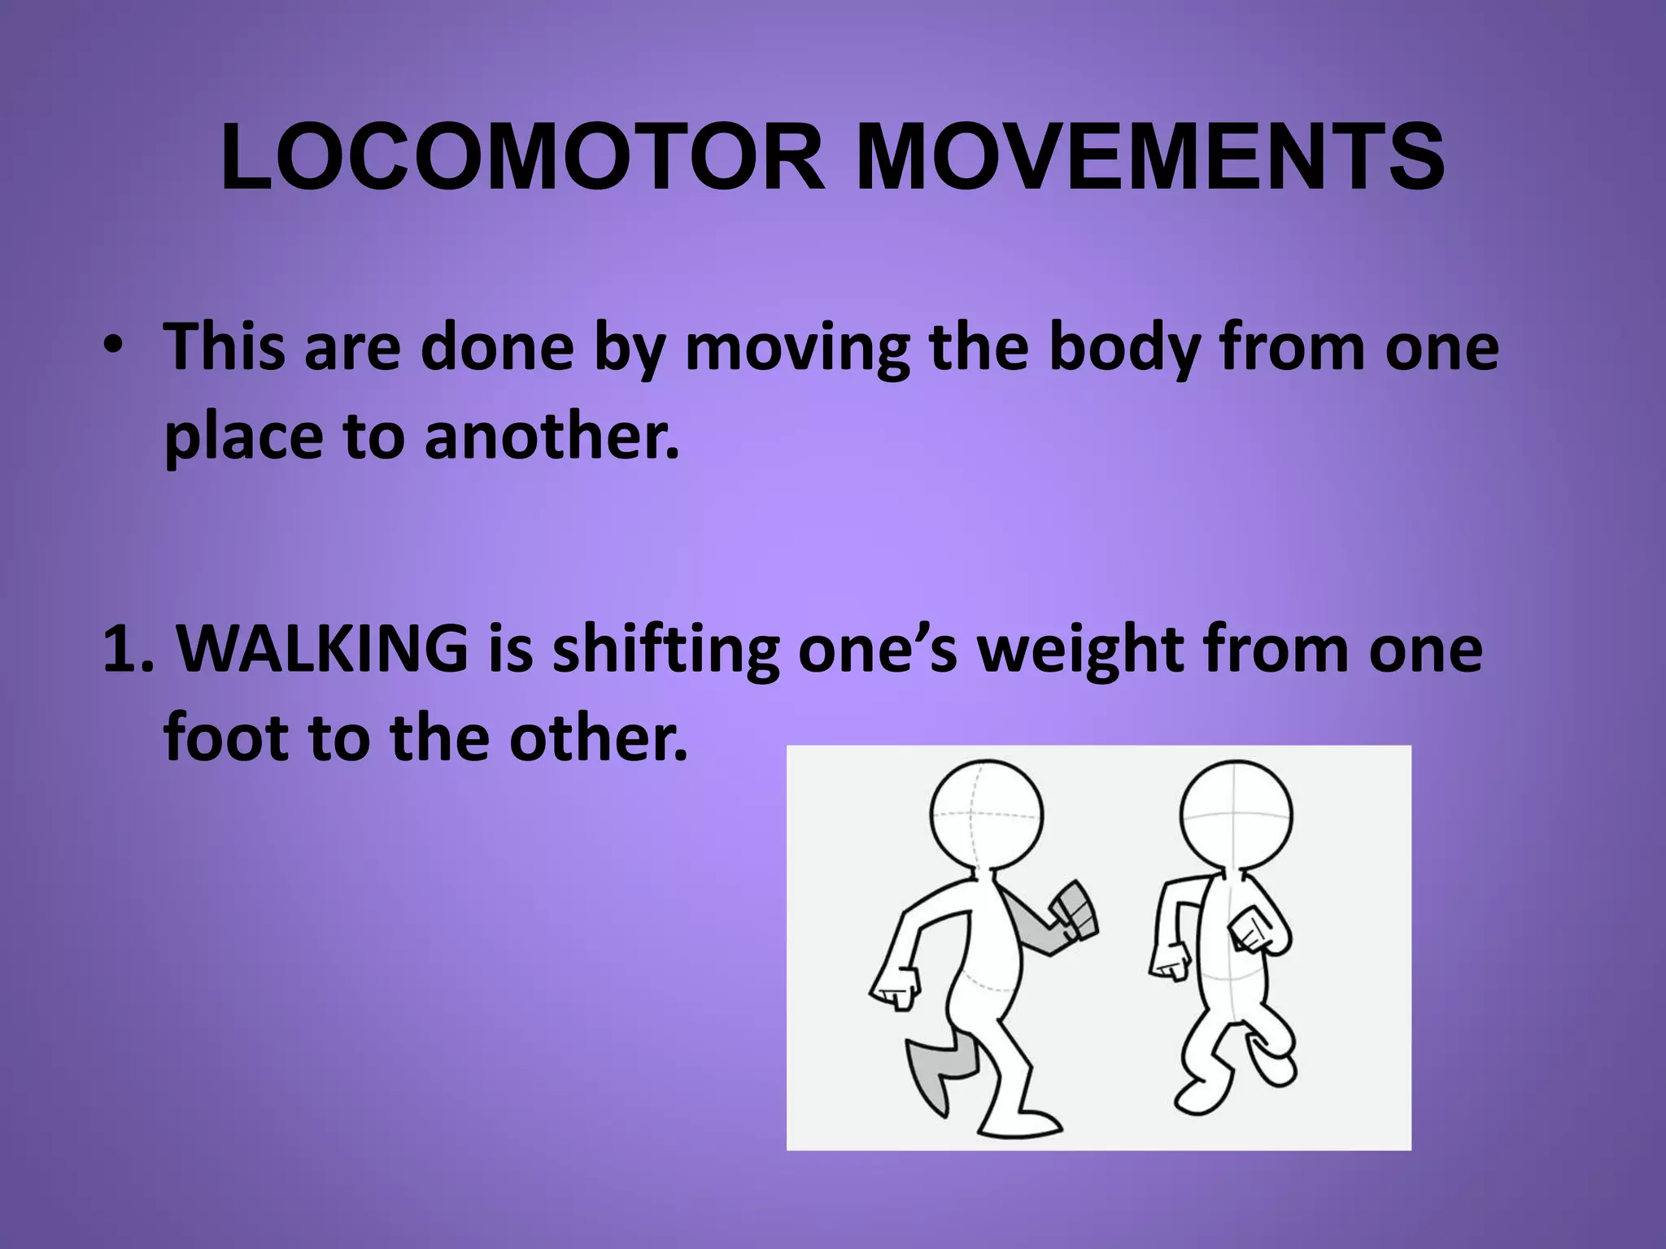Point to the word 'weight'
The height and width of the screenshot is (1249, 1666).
point(1080,651)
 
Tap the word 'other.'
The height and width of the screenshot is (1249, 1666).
point(598,737)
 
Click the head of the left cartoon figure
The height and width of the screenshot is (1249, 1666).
point(986,815)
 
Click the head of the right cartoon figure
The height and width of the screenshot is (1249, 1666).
point(1236,815)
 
